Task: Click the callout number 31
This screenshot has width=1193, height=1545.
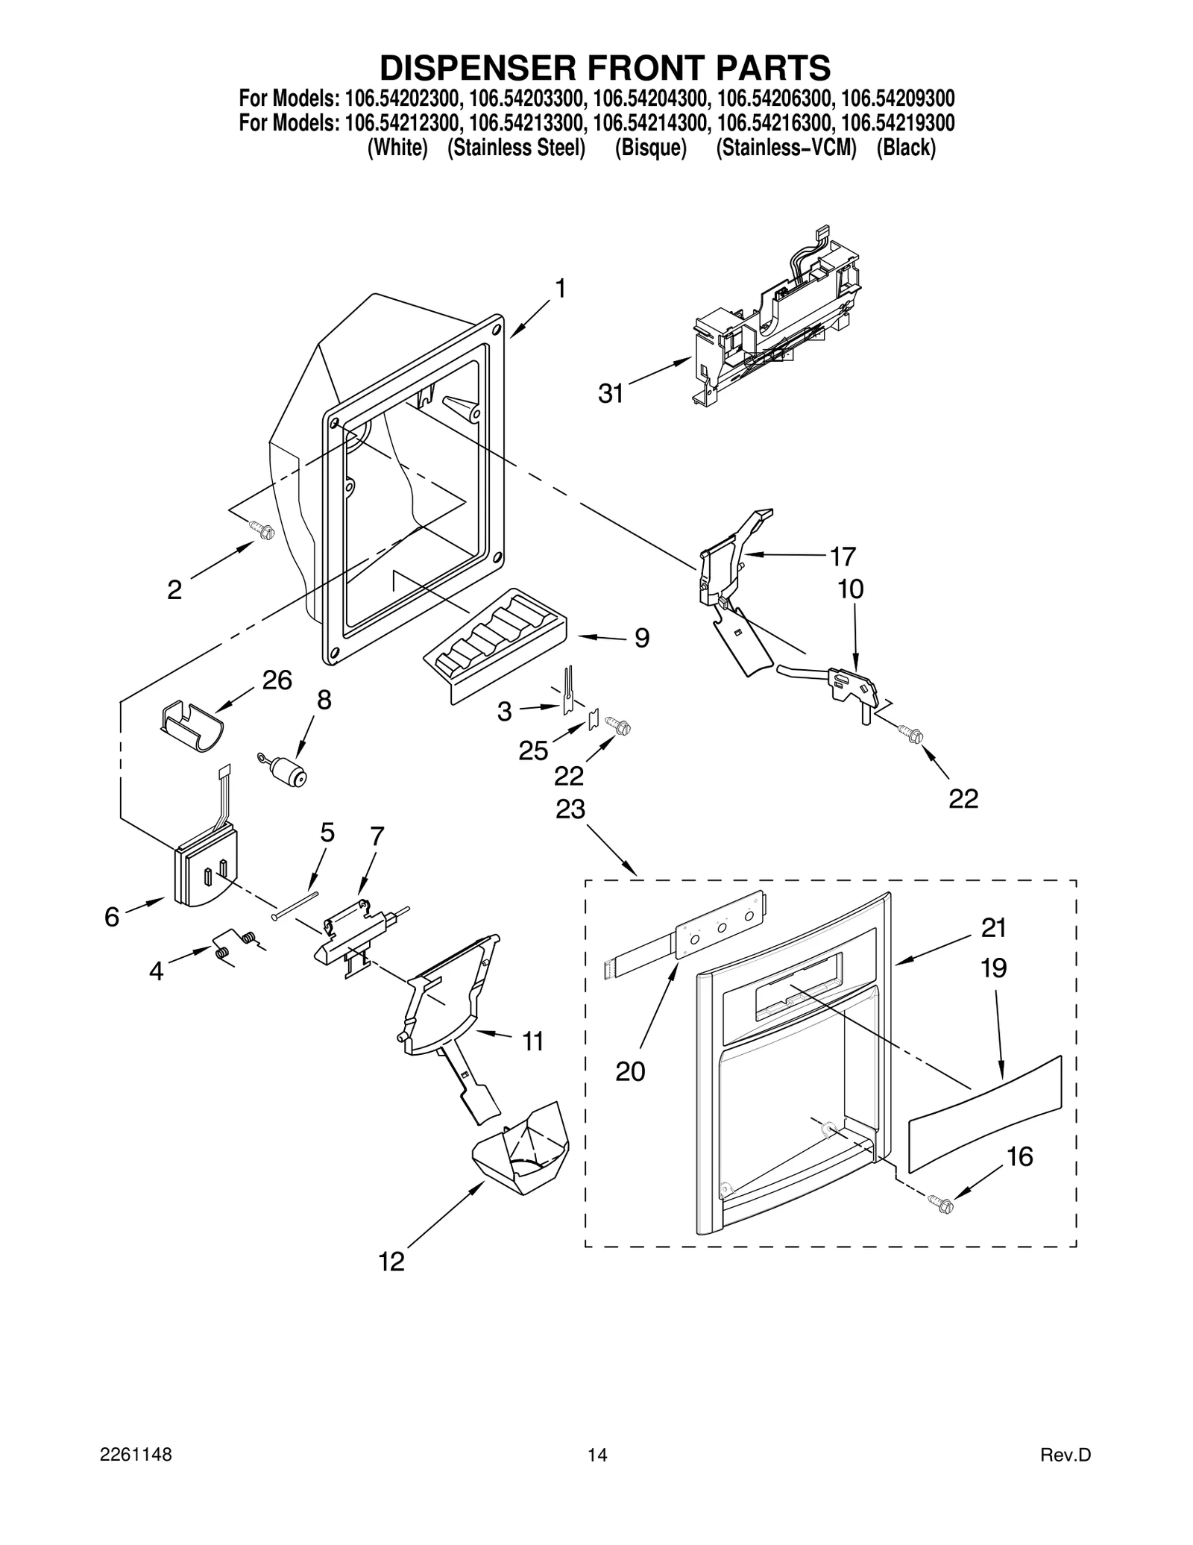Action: pos(611,393)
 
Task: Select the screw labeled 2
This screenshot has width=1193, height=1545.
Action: pos(264,530)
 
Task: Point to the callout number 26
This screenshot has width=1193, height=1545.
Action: pos(277,680)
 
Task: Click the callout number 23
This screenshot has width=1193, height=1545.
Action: pos(570,809)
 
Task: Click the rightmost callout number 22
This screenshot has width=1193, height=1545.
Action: pos(963,798)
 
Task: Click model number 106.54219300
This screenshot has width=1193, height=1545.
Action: pos(898,122)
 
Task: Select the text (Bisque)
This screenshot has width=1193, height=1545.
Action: pos(650,148)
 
